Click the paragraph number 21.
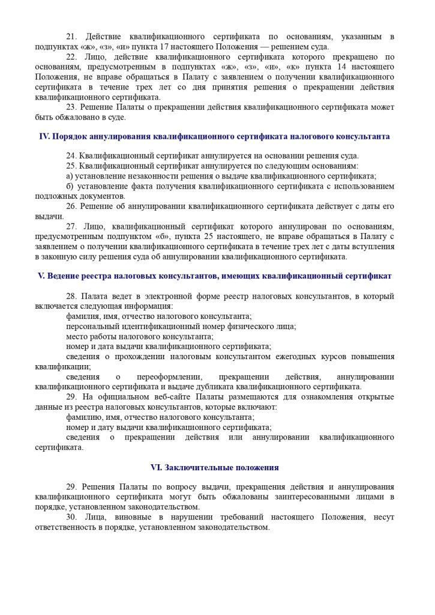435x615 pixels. point(71,37)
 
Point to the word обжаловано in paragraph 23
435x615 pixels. point(68,117)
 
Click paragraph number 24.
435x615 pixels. point(71,156)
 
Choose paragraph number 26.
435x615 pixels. point(71,206)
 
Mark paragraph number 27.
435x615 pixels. point(72,226)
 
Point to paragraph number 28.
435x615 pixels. point(72,296)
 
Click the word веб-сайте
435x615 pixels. point(167,396)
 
